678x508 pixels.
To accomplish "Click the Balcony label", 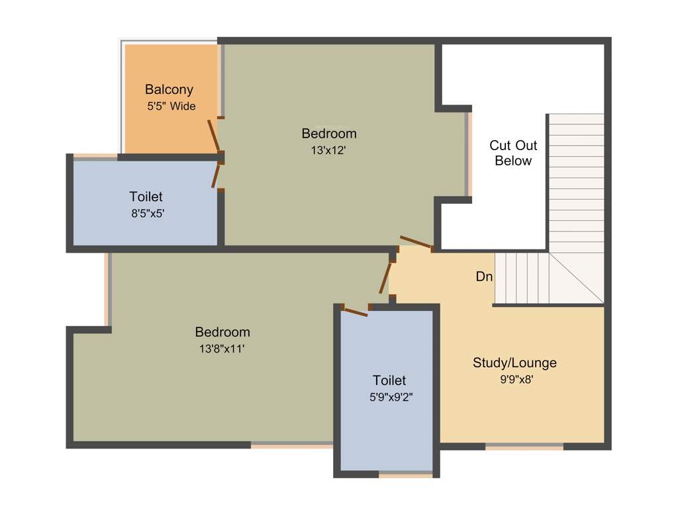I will pos(169,89).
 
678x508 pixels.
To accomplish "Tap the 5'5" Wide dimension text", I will pos(171,106).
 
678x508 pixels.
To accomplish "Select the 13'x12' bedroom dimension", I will pos(329,150).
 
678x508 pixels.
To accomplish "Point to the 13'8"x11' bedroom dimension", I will pos(222,349).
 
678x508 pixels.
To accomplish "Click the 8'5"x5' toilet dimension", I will pos(146,213).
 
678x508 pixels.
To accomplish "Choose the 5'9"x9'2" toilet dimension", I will pos(389,397).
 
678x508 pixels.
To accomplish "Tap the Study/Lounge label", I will pos(514,362).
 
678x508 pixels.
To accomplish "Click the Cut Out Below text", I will pos(513,153).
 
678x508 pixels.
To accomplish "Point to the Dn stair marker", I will pos(484,276).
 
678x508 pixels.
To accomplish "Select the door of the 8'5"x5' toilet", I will pos(215,176).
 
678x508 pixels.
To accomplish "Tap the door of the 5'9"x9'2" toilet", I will pos(355,312).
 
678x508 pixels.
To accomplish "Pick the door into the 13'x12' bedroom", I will pos(416,243).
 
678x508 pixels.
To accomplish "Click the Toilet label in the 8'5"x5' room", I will pos(146,196).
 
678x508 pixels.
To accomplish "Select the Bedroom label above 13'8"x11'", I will pos(222,332).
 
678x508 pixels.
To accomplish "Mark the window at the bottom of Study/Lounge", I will pos(524,446).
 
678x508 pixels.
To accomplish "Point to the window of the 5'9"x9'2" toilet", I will pos(405,474).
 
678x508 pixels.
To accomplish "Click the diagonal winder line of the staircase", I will pos(577,278).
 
